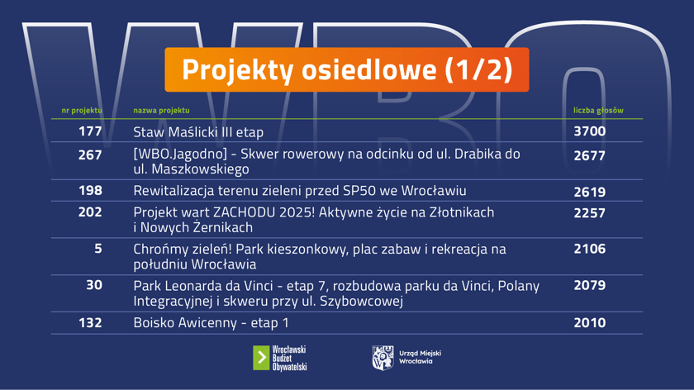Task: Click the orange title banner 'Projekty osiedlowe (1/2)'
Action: tap(346, 69)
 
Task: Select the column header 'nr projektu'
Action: tap(82, 110)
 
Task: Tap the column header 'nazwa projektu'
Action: tap(161, 110)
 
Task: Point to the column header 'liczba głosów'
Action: tap(598, 110)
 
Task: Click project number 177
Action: tap(90, 131)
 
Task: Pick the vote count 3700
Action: tap(589, 131)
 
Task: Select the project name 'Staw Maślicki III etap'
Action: tap(198, 132)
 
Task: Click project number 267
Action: tap(90, 155)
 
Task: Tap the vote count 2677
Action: tap(589, 155)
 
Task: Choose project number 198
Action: tap(90, 191)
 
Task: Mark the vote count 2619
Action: tap(589, 192)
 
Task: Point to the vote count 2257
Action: tap(589, 212)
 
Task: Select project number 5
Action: tap(97, 249)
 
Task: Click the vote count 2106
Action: tap(589, 249)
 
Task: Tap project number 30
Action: tap(94, 285)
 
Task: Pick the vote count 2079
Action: tap(589, 285)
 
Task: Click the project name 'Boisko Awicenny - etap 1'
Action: tap(212, 322)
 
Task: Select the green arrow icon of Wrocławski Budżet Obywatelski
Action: tap(261, 358)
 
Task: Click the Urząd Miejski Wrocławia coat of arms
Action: tap(383, 358)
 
